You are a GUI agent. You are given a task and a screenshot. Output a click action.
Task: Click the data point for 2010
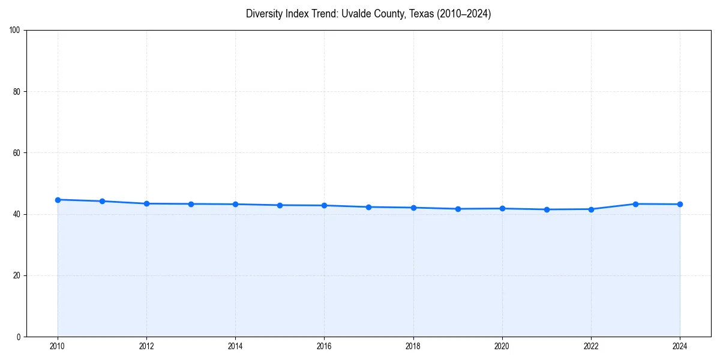(58, 200)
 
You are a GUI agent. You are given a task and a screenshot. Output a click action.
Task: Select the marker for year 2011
(102, 201)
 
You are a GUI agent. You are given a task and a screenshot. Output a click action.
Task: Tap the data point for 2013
(191, 204)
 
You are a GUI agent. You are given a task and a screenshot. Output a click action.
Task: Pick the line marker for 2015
(280, 205)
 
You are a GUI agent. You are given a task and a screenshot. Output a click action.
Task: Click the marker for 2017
(368, 207)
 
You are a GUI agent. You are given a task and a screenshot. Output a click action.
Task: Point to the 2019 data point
(458, 209)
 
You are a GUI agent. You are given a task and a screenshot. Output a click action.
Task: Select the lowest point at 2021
(547, 209)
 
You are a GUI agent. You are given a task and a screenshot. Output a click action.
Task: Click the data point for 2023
(635, 204)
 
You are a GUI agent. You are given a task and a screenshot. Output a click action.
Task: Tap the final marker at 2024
(680, 204)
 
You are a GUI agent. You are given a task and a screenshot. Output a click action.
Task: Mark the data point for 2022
(591, 209)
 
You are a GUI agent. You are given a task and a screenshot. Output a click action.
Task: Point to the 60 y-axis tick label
(17, 153)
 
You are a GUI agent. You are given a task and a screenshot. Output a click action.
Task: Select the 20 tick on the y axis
(17, 275)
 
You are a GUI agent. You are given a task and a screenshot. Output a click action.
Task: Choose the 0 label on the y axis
(19, 337)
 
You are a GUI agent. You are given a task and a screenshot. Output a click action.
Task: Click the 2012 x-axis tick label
(146, 346)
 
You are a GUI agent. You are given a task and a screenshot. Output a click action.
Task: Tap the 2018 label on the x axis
(413, 346)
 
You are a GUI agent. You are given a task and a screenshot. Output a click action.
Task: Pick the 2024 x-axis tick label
(680, 346)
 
